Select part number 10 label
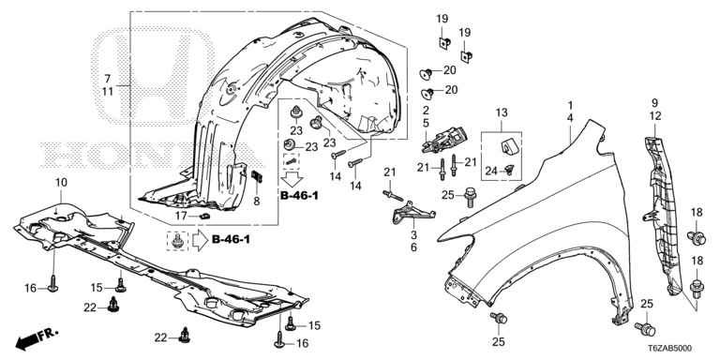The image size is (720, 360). coord(61,182)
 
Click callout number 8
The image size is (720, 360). coord(257,201)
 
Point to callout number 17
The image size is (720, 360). coord(183,215)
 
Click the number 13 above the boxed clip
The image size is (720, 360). coord(502,112)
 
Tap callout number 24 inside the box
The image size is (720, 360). coord(491,171)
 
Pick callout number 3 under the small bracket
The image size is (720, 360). coord(413,235)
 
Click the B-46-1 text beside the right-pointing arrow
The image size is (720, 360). coord(231,239)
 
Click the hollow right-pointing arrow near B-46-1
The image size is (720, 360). coord(201,240)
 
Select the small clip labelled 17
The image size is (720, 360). coord(203,216)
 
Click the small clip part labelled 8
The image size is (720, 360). coord(257,176)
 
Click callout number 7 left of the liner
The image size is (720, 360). coord(108,78)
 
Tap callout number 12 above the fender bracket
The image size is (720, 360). coord(654,116)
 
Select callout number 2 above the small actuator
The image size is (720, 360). coord(426,111)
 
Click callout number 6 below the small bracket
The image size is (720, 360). coord(413,247)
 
